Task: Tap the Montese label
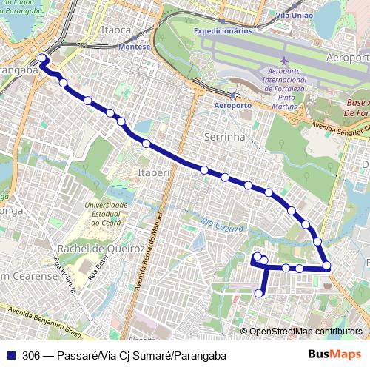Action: pos(134,46)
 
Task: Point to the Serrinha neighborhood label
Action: pos(223,137)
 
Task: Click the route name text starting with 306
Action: pos(124,355)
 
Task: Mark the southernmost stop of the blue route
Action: pos(259,294)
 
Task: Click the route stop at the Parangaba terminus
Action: pos(42,58)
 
